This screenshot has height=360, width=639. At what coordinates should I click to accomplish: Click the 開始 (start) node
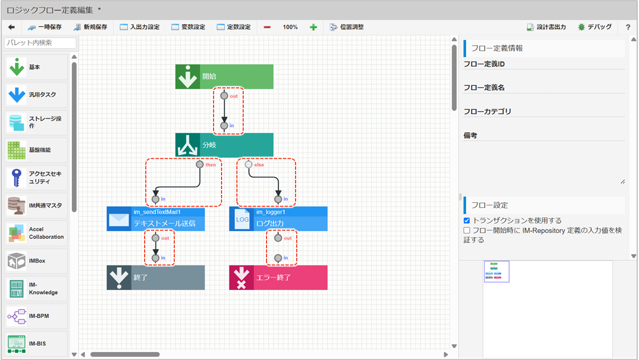point(224,77)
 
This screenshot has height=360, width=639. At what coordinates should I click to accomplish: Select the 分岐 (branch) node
point(224,145)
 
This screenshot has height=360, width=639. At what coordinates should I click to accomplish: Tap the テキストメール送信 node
point(155,219)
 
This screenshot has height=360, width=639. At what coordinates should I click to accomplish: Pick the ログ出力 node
point(278,219)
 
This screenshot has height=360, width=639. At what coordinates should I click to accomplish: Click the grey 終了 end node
point(155,277)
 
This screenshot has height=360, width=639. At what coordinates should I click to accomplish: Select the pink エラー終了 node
point(278,277)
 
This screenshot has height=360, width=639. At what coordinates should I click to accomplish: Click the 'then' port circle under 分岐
point(200,164)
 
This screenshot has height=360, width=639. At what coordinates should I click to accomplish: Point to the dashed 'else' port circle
point(248,164)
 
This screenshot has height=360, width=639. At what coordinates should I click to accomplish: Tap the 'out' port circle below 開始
point(224,96)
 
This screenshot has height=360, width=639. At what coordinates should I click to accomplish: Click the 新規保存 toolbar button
point(91,27)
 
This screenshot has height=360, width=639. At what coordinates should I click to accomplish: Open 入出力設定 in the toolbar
point(140,27)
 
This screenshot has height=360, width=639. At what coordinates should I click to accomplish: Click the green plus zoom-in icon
point(313,27)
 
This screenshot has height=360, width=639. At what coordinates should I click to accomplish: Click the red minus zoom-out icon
point(267,27)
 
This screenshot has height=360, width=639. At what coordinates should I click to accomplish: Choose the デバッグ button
point(595,27)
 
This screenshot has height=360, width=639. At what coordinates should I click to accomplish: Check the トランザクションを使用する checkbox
point(466,220)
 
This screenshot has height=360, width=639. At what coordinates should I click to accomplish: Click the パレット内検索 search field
point(40,43)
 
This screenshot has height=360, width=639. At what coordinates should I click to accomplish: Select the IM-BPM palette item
point(36,316)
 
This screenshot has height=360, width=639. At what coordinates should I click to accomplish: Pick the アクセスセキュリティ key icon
point(17,178)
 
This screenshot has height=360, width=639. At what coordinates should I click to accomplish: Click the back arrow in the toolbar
point(11,27)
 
